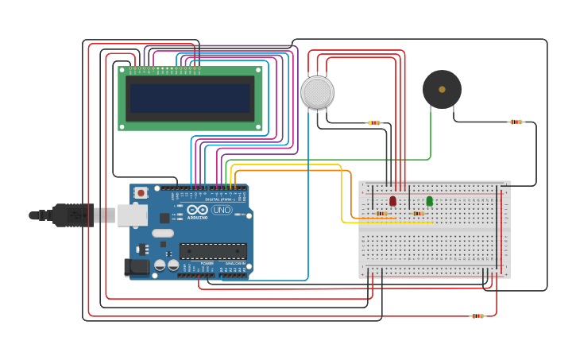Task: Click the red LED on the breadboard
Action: [x=392, y=201]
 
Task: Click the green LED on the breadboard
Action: [x=430, y=201]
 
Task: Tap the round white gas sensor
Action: [x=318, y=92]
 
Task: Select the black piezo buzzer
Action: [x=442, y=89]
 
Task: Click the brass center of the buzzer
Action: [x=442, y=89]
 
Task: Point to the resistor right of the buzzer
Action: [x=516, y=122]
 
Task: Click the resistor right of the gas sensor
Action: [x=374, y=122]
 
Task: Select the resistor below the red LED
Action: [x=382, y=213]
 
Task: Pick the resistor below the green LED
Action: [x=418, y=213]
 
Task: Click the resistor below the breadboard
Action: [x=477, y=316]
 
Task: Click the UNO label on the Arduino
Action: [x=222, y=210]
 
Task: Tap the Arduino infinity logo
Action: [x=198, y=209]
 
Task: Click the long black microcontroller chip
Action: [x=212, y=251]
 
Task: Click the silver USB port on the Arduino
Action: [x=132, y=215]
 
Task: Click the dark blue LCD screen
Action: [x=191, y=99]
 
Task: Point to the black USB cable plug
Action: [x=72, y=215]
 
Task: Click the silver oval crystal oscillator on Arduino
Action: [x=162, y=234]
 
